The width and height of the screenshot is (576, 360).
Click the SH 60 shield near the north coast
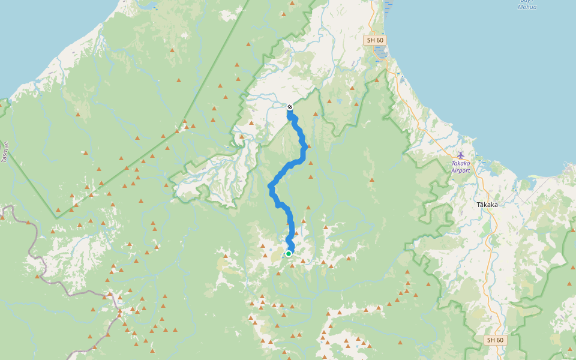point(374,40)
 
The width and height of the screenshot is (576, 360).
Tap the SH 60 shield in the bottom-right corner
point(494,340)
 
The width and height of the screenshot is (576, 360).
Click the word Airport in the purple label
point(461,170)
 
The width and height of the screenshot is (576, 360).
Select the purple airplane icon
point(461,155)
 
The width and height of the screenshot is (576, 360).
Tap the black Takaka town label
point(488,205)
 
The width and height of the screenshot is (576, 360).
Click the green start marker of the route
point(289,254)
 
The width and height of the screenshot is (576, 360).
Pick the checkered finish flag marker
point(290,107)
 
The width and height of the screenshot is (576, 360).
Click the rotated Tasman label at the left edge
point(5,151)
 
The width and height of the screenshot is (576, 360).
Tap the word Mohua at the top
point(527,7)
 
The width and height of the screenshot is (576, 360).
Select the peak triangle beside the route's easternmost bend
point(310,146)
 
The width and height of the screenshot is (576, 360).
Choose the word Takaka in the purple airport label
point(461,163)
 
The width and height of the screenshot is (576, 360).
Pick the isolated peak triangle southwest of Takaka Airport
point(372,179)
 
